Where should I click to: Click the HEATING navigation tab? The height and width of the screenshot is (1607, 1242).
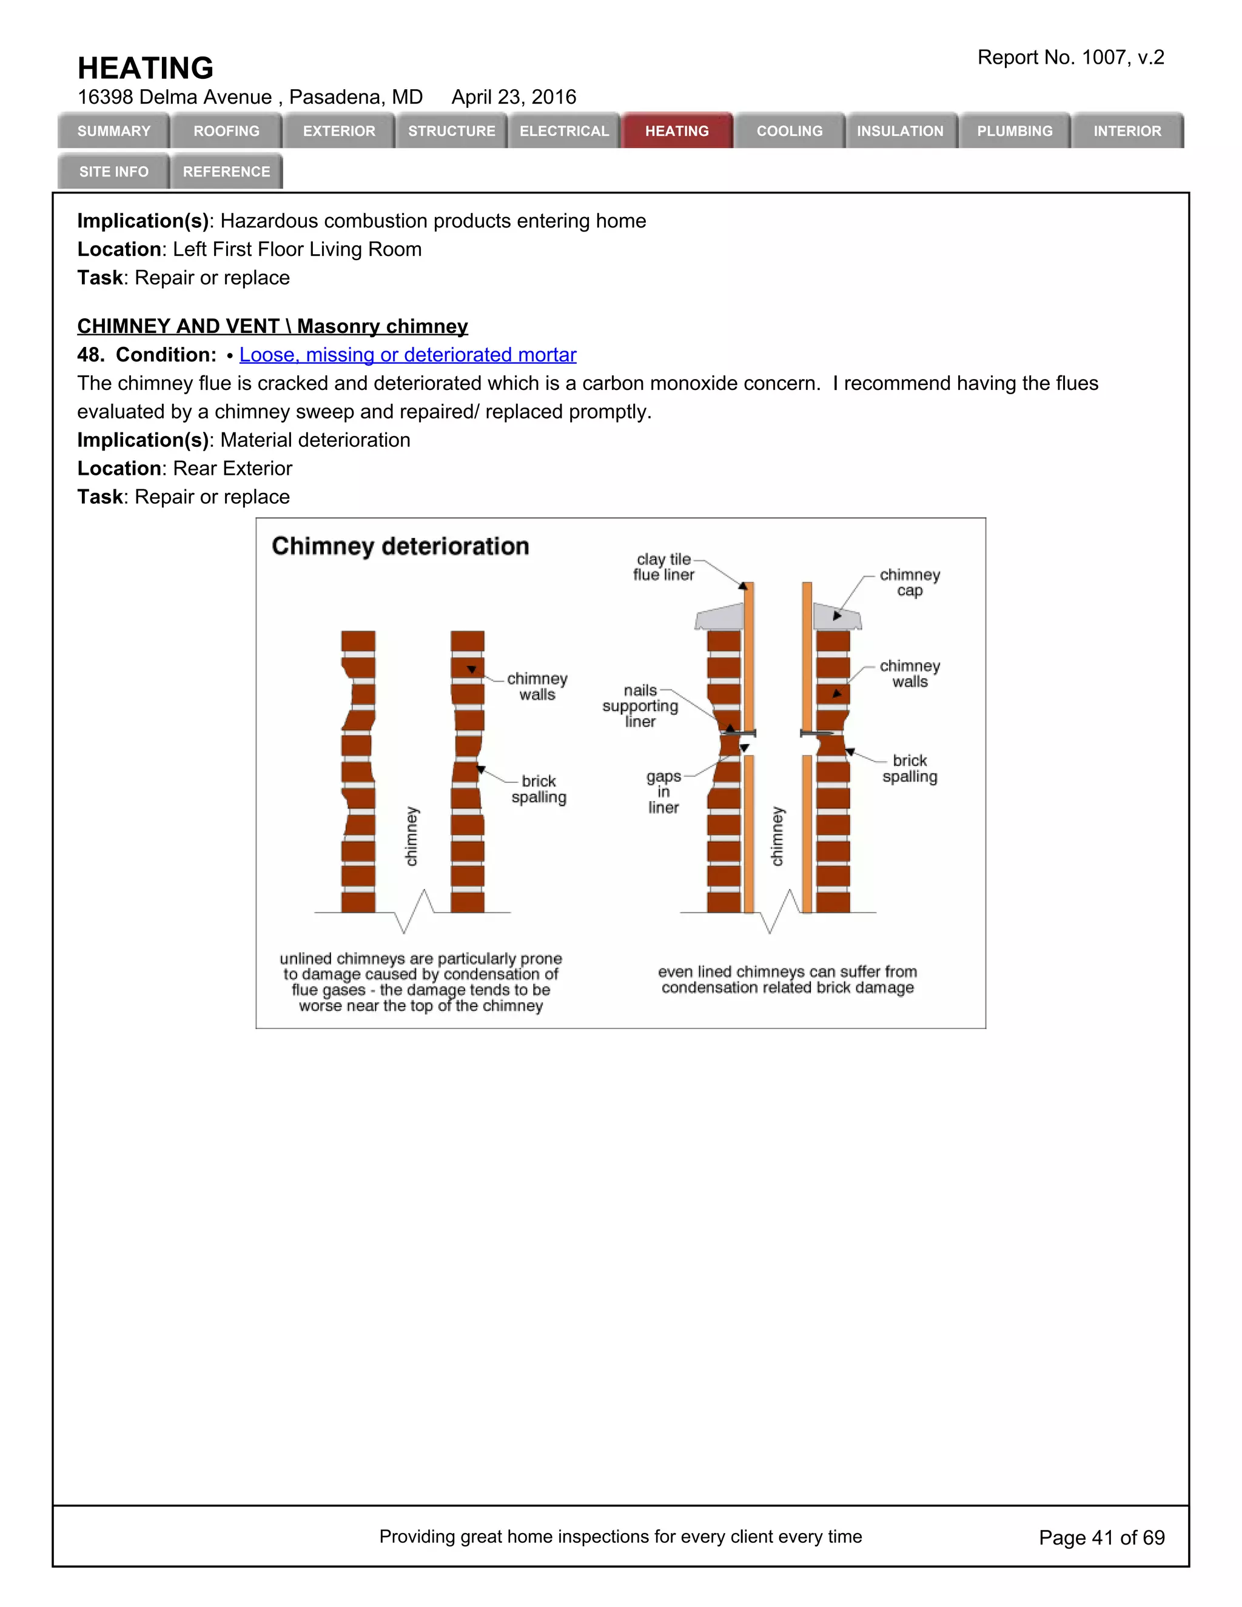click(x=677, y=131)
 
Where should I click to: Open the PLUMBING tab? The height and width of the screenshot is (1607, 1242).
click(x=1015, y=131)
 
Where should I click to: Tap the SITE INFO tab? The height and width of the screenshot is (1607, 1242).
click(x=114, y=172)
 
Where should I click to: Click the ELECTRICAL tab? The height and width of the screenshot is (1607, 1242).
click(x=565, y=131)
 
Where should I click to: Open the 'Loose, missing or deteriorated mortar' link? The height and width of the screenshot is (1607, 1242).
click(x=408, y=355)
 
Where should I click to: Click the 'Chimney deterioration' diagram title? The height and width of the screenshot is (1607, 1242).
click(x=400, y=546)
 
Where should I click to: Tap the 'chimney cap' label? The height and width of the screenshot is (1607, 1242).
click(x=910, y=582)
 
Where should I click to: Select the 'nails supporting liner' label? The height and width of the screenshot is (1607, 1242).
click(x=640, y=706)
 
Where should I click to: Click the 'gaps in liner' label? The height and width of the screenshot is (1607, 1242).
click(x=663, y=792)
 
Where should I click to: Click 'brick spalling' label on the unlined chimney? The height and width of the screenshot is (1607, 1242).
click(x=539, y=789)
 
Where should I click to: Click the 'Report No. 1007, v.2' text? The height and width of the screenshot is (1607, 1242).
click(x=1070, y=58)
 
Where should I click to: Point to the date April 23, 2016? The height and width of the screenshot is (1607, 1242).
click(x=514, y=97)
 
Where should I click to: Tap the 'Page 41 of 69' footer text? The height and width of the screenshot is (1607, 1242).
click(x=1101, y=1537)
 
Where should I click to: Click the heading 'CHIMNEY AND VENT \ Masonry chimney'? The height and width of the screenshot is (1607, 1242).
click(x=272, y=326)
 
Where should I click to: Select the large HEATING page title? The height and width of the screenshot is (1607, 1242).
click(x=146, y=68)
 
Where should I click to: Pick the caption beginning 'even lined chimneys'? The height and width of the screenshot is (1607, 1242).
click(x=787, y=979)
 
